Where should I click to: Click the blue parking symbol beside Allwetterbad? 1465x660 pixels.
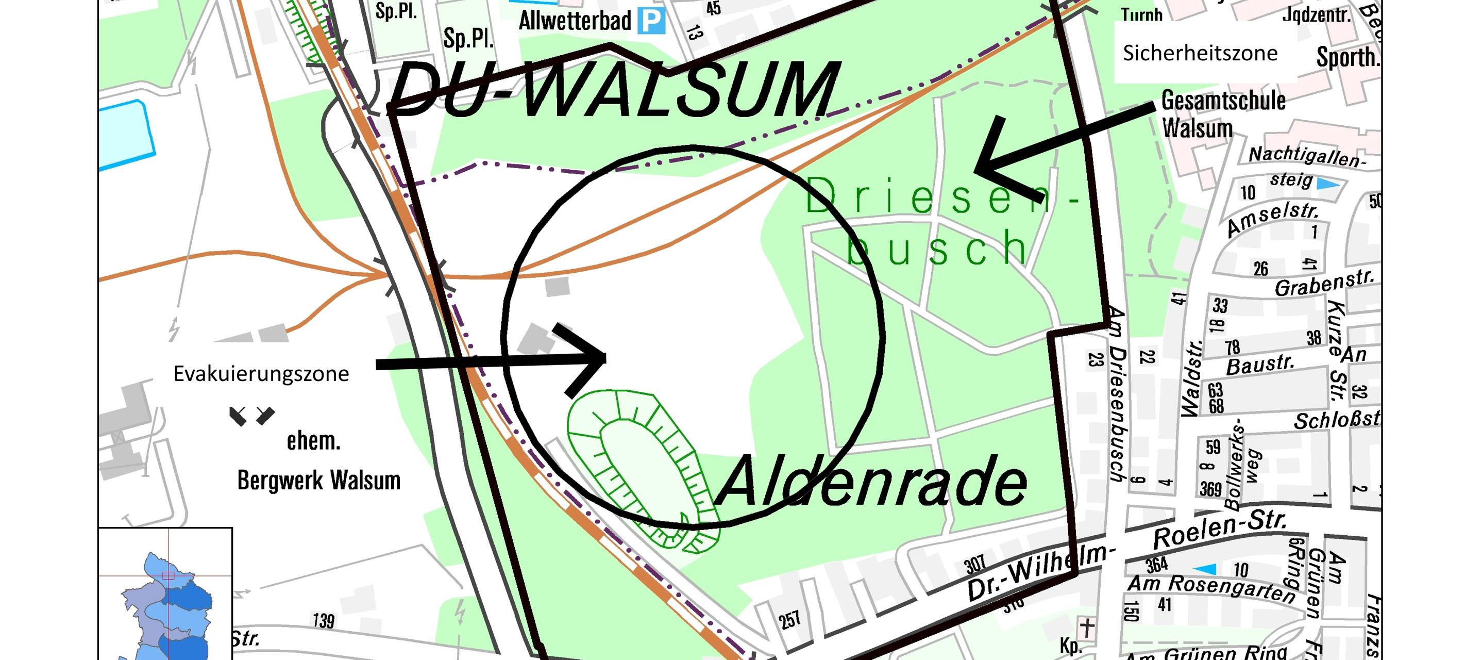pyautogui.click(x=651, y=22)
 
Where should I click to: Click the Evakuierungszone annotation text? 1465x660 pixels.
pyautogui.click(x=261, y=374)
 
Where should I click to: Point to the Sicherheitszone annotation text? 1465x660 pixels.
pyautogui.click(x=1200, y=53)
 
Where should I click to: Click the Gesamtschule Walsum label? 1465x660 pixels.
pyautogui.click(x=1223, y=114)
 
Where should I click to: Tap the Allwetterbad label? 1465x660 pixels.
pyautogui.click(x=575, y=22)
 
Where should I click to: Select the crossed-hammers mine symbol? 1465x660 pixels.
pyautogui.click(x=251, y=416)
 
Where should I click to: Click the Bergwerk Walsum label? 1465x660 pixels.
pyautogui.click(x=318, y=480)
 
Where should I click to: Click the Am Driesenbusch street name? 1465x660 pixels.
pyautogui.click(x=1117, y=392)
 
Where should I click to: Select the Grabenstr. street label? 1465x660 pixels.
pyautogui.click(x=1324, y=283)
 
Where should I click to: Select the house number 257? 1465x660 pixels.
pyautogui.click(x=790, y=620)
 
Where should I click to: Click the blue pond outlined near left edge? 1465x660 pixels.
pyautogui.click(x=126, y=134)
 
